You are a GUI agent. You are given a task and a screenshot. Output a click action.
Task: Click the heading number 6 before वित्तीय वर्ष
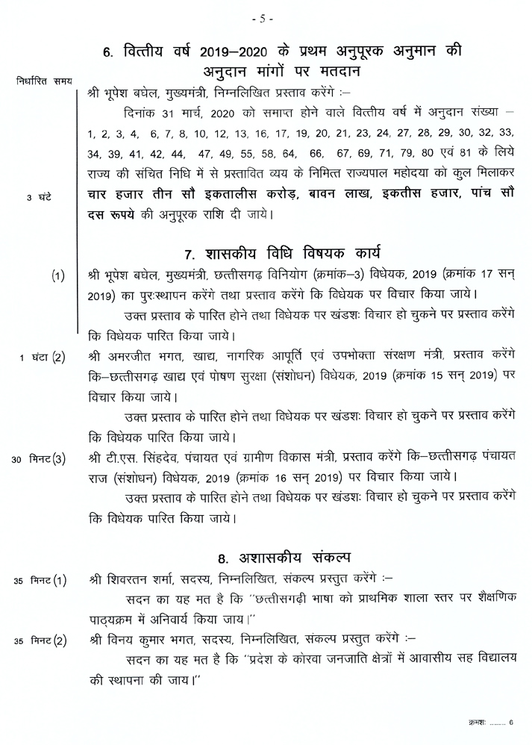108,53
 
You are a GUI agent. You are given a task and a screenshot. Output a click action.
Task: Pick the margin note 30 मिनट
33,458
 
